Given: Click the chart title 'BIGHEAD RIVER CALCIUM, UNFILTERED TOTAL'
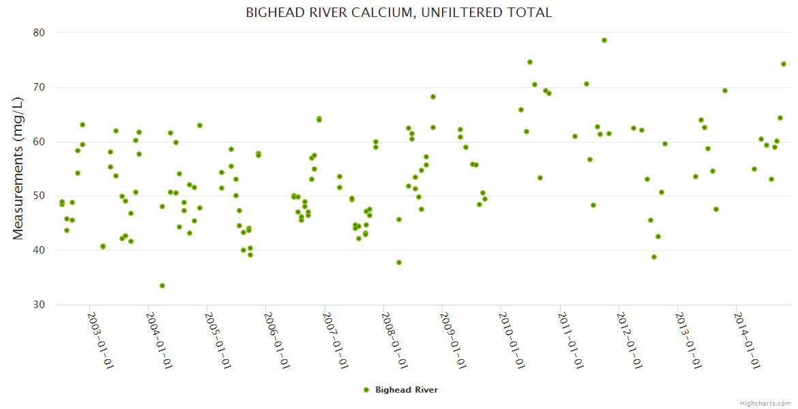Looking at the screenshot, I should [399, 13].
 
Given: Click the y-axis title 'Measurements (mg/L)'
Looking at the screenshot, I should [18, 168].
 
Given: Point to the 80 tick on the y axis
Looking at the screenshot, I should [38, 33].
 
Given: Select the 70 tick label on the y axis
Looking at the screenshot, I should [38, 87].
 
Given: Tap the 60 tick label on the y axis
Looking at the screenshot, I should [38, 142].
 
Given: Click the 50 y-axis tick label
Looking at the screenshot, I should [38, 196].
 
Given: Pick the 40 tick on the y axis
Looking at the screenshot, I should [38, 251].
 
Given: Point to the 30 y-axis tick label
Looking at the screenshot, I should [38, 305].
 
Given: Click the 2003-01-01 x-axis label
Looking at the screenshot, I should [101, 341].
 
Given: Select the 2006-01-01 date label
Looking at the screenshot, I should [277, 341].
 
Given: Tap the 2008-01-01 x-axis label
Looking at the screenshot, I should [394, 341].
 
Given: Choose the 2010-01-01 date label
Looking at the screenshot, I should [512, 341].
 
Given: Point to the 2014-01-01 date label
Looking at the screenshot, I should [746, 341].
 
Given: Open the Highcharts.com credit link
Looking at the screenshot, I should [765, 403].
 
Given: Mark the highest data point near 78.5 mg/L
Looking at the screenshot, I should [604, 40].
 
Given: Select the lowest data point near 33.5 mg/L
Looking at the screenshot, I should [162, 286].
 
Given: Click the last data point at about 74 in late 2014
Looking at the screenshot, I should [784, 64].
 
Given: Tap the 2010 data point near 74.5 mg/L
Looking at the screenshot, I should [530, 62].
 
